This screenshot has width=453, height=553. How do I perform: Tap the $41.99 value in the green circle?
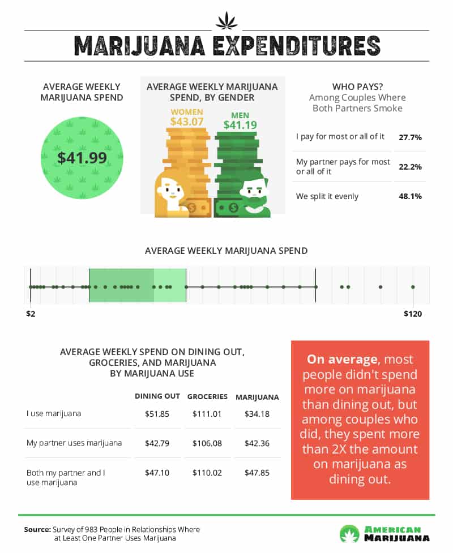pos(82,158)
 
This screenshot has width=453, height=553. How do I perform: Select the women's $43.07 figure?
pos(187,120)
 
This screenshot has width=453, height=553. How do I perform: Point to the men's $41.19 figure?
pos(240,124)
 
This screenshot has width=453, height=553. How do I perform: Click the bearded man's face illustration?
pos(253,192)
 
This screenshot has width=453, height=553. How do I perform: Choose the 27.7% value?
pos(411,137)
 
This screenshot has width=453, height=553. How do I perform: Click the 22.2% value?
pos(411,167)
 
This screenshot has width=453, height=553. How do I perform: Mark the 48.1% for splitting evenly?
pos(411,197)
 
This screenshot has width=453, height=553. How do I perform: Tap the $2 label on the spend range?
pos(31,313)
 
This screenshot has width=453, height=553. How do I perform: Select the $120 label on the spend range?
pos(413,313)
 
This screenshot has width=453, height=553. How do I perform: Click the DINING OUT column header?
pos(157,396)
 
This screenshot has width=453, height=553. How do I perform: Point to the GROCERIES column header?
pos(207,396)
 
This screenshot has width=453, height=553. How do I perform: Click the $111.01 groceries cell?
pos(207,414)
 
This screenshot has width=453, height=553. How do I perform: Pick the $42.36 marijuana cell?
pos(257,443)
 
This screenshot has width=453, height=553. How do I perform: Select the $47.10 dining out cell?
pos(157,472)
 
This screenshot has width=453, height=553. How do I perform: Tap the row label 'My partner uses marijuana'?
pos(74,443)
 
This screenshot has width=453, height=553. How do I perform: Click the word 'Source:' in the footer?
pos(37,529)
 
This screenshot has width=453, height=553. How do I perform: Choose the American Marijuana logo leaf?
pos(349,533)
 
